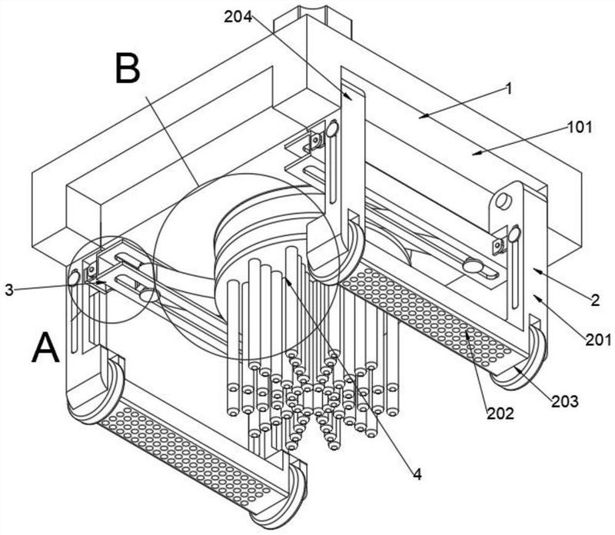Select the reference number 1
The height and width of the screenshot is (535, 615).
508,89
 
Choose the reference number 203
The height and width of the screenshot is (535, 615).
565,400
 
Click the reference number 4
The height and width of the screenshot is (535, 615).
417,474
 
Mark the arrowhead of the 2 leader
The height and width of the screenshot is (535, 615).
532,270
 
